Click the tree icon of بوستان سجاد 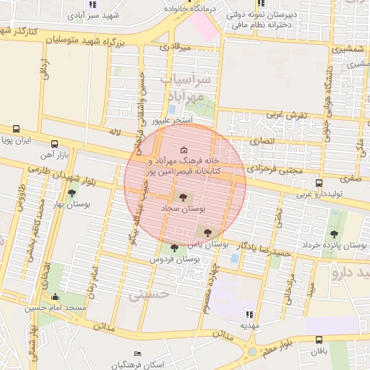pyautogui.click(x=181, y=196)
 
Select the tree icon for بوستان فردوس pyautogui.click(x=173, y=248)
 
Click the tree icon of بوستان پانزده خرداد pyautogui.click(x=334, y=234)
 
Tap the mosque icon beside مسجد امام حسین pyautogui.click(x=56, y=296)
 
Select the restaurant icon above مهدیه pyautogui.click(x=249, y=314)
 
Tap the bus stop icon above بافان pyautogui.click(x=319, y=340)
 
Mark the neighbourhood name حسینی pyautogui.click(x=150, y=294)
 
